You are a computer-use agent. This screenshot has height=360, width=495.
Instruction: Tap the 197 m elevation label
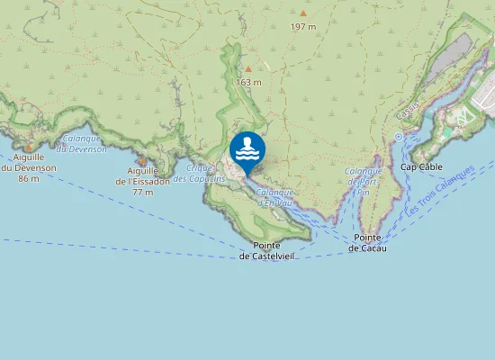[303, 27]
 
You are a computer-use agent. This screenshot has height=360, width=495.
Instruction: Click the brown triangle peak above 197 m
[303, 13]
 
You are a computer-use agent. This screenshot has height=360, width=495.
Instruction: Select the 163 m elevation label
[248, 83]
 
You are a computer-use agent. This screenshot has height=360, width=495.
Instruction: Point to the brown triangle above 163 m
[248, 68]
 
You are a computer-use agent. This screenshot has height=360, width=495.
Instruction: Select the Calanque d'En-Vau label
[274, 196]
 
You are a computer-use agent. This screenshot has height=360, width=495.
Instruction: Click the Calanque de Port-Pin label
[364, 181]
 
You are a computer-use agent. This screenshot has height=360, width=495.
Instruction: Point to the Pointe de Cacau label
[369, 242]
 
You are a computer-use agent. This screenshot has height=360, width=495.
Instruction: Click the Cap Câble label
[421, 166]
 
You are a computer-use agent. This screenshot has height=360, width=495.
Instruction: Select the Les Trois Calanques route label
[440, 190]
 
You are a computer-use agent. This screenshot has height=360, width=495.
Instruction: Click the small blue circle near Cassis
[398, 137]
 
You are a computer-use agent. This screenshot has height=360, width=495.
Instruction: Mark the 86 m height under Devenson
[28, 179]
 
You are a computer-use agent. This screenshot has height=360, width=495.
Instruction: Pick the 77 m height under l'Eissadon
[142, 192]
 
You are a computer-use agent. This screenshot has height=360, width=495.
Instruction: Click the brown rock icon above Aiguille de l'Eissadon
[142, 160]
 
